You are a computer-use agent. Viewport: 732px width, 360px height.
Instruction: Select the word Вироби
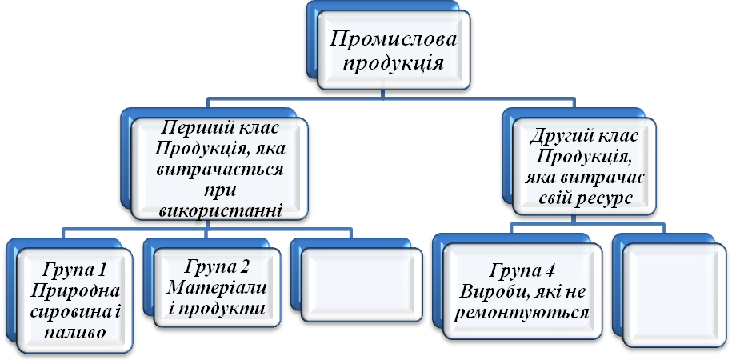tap(504, 290)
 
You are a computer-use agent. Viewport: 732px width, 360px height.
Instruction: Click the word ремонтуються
tap(522, 311)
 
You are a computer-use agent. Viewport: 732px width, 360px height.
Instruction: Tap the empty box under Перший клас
tap(359, 285)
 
